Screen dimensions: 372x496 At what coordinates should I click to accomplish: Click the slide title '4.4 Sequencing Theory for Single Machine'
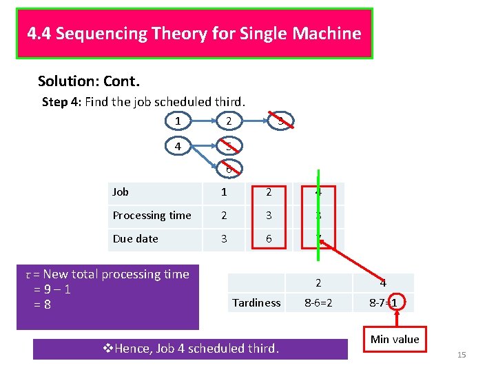point(194,33)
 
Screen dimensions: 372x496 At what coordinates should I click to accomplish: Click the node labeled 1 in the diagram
point(178,121)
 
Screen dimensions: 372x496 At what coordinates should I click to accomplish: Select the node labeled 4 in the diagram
point(178,146)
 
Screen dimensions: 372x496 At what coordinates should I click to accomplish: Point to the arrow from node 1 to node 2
point(203,121)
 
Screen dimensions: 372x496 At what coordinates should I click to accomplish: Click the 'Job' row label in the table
point(121,192)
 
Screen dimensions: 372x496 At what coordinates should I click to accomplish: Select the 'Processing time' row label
point(152,216)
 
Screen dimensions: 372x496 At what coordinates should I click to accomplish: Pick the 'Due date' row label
point(136,239)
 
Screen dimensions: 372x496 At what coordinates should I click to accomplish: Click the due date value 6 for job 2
point(269,239)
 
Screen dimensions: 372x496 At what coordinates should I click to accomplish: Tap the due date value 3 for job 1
point(224,239)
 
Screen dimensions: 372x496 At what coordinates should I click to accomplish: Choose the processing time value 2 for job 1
point(224,216)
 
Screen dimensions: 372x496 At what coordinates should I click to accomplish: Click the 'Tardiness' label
point(256,302)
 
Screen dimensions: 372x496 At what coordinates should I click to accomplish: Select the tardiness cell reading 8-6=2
point(318,302)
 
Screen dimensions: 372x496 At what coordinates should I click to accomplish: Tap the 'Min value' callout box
point(395,339)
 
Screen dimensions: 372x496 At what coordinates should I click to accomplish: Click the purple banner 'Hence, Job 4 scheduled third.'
point(190,349)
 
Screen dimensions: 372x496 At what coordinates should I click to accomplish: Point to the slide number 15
point(462,355)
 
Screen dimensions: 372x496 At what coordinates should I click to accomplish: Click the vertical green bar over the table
point(318,214)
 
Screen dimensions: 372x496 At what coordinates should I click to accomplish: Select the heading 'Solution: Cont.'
point(89,82)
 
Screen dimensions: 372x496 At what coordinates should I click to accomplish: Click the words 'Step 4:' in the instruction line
point(61,102)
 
